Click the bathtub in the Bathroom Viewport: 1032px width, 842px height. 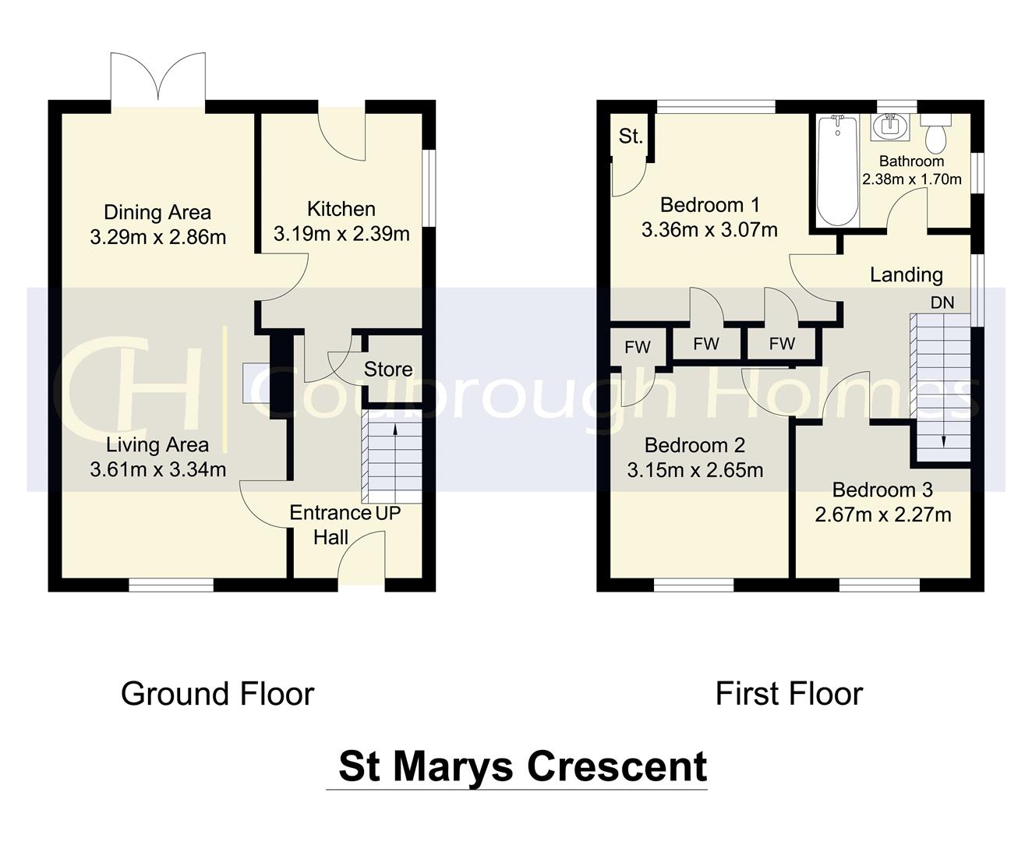[x=838, y=170]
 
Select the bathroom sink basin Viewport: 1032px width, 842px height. [x=888, y=126]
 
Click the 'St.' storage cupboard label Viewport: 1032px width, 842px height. [x=631, y=136]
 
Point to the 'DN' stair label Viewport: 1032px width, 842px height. [x=942, y=302]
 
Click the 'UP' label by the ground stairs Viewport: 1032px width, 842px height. [x=388, y=514]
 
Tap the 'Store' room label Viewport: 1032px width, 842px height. [x=388, y=370]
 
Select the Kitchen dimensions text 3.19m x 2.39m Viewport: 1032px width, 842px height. [x=341, y=234]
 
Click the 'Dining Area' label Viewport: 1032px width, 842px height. [x=157, y=212]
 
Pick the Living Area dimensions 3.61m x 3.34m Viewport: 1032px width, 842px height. [x=158, y=469]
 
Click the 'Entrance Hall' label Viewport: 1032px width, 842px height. [x=330, y=525]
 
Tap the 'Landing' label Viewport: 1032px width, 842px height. [x=906, y=274]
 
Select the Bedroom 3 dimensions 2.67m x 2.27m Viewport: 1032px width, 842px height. [x=882, y=515]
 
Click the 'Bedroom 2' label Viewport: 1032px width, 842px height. [x=694, y=445]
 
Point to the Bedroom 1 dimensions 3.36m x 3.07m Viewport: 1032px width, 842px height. [x=709, y=230]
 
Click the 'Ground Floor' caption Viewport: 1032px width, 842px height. [x=217, y=694]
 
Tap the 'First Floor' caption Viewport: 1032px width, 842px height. [x=789, y=694]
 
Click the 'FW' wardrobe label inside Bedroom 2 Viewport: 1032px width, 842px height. [x=637, y=348]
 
